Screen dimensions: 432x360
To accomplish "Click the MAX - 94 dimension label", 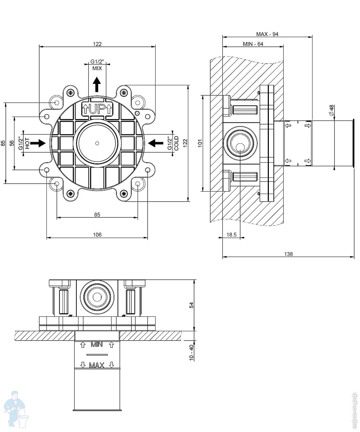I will pyautogui.click(x=267, y=34).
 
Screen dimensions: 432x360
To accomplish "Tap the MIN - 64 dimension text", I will pyautogui.click(x=253, y=44).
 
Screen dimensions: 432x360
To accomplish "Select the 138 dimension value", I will pyautogui.click(x=288, y=254).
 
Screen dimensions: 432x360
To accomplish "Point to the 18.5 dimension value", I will pyautogui.click(x=231, y=235).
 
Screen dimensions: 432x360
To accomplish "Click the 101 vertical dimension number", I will pyautogui.click(x=201, y=143).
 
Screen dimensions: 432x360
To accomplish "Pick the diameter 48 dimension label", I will pyautogui.click(x=332, y=110).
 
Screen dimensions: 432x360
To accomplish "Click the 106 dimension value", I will pyautogui.click(x=97, y=235).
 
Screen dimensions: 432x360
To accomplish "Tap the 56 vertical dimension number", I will pyautogui.click(x=12, y=143).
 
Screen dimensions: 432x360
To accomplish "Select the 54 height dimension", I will pyautogui.click(x=192, y=305).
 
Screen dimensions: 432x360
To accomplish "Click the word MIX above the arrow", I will pyautogui.click(x=97, y=68).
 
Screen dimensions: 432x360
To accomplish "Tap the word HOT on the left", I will pyautogui.click(x=27, y=143).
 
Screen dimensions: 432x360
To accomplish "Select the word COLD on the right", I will pyautogui.click(x=176, y=143).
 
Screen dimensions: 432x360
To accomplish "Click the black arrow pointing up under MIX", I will pyautogui.click(x=97, y=85).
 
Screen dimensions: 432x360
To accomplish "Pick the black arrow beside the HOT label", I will pyautogui.click(x=38, y=143).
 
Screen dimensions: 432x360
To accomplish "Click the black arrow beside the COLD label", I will pyautogui.click(x=156, y=143).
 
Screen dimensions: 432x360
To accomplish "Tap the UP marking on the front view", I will pyautogui.click(x=97, y=108).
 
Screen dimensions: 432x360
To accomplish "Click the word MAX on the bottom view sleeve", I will pyautogui.click(x=97, y=365).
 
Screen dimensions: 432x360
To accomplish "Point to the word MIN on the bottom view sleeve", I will pyautogui.click(x=97, y=345).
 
